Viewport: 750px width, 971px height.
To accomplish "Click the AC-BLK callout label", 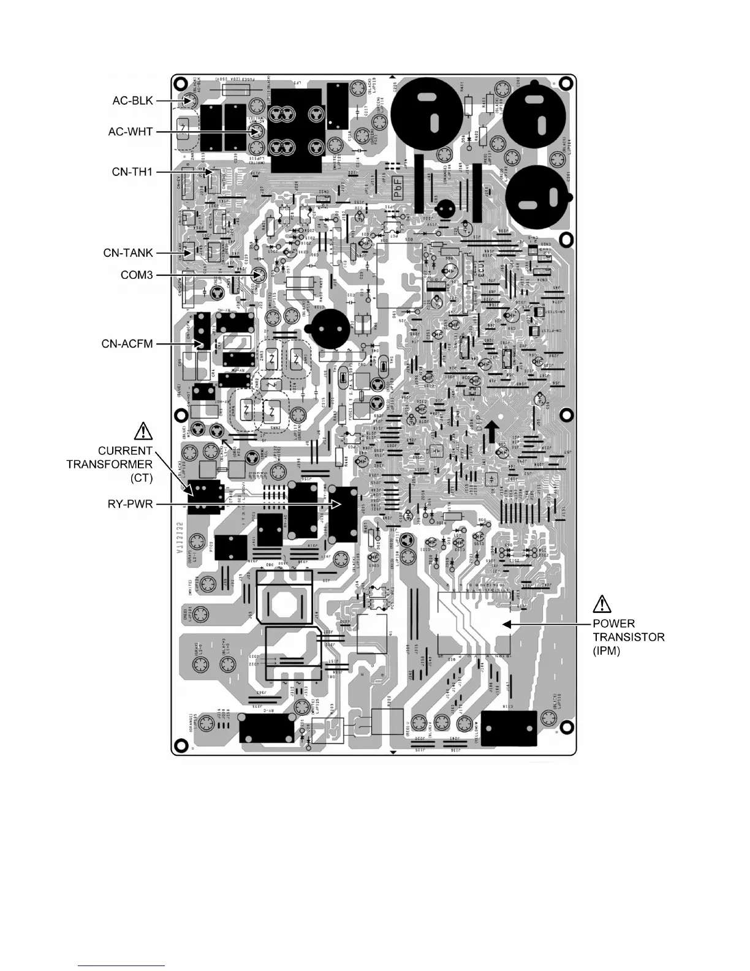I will pyautogui.click(x=132, y=101).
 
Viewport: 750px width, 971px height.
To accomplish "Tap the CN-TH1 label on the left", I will pyautogui.click(x=132, y=172).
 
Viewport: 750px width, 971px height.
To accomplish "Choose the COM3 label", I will pyautogui.click(x=137, y=275).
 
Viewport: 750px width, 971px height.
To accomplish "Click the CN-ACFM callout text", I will pyautogui.click(x=127, y=344).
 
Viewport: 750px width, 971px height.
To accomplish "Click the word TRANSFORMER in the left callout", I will pyautogui.click(x=109, y=464).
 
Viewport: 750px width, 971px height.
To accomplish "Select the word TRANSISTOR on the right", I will pyautogui.click(x=628, y=637).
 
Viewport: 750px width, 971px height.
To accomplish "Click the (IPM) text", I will pyautogui.click(x=607, y=651).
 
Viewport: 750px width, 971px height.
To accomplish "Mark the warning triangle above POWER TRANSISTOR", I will pyautogui.click(x=602, y=604).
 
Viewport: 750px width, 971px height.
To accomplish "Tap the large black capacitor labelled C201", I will pyautogui.click(x=539, y=196).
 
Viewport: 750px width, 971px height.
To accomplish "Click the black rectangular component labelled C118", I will pyautogui.click(x=509, y=728).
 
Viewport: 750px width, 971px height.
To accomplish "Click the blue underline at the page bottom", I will pyautogui.click(x=122, y=966).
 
